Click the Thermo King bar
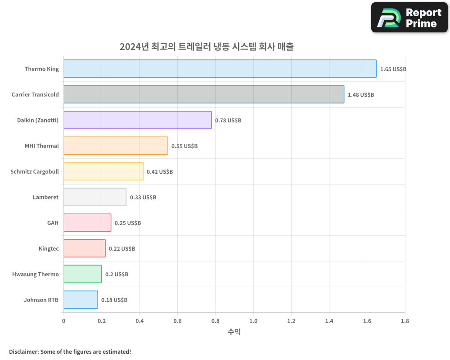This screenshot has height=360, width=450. (220, 69)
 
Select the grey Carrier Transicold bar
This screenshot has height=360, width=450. (204, 94)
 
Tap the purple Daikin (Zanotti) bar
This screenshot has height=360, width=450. (138, 120)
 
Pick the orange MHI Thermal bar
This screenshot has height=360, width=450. (116, 146)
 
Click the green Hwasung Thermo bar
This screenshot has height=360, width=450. (83, 274)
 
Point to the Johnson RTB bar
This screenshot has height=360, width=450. (81, 300)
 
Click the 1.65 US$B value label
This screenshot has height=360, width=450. (393, 69)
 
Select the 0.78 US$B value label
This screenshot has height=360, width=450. (228, 121)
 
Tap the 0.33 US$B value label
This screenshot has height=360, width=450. (143, 198)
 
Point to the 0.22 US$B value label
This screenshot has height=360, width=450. (121, 249)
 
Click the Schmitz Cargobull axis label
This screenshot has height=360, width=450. (35, 171)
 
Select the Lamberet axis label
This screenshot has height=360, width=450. (45, 197)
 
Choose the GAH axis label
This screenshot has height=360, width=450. (53, 223)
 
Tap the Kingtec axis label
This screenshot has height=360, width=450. (49, 248)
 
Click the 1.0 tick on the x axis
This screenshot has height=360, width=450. (253, 321)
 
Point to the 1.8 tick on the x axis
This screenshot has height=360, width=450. (405, 321)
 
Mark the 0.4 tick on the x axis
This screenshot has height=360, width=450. (139, 321)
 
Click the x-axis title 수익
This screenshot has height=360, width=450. (234, 332)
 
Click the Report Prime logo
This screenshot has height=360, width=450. (409, 18)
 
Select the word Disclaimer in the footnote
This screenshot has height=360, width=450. (23, 351)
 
